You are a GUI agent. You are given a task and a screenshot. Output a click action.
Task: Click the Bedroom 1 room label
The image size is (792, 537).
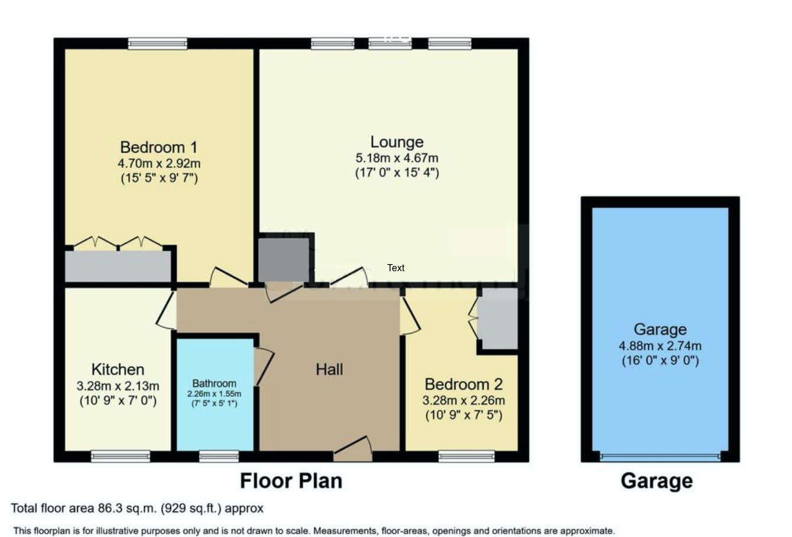(158, 147)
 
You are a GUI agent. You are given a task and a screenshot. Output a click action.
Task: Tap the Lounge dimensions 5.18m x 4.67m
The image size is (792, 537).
(397, 158)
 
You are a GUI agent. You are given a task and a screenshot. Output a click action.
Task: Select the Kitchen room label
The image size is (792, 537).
(118, 369)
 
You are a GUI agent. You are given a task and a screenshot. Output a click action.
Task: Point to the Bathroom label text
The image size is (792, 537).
(214, 383)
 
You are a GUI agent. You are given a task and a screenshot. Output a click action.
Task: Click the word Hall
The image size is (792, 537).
(329, 369)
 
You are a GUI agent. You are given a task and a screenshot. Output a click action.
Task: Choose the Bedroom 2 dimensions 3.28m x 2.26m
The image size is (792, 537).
(463, 400)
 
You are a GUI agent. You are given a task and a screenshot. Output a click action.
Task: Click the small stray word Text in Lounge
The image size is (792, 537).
(396, 268)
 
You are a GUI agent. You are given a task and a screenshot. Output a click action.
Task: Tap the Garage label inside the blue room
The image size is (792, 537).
(660, 329)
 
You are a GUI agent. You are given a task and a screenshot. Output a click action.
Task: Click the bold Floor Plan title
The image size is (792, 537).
(291, 480)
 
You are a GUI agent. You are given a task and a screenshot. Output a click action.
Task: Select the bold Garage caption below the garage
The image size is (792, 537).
(657, 481)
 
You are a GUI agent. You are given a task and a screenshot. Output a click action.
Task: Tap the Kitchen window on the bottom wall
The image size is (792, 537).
(121, 456)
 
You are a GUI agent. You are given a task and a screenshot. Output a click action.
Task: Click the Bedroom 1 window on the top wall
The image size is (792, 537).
(158, 43)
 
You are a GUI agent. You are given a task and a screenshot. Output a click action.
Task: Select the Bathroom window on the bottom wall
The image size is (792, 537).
(219, 456)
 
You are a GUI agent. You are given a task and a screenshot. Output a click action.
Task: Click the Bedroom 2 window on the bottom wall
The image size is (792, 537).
(467, 456)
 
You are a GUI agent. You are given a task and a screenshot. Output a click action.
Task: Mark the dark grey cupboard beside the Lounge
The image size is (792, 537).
(284, 260)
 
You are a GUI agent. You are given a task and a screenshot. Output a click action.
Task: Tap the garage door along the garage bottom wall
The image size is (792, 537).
(660, 456)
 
